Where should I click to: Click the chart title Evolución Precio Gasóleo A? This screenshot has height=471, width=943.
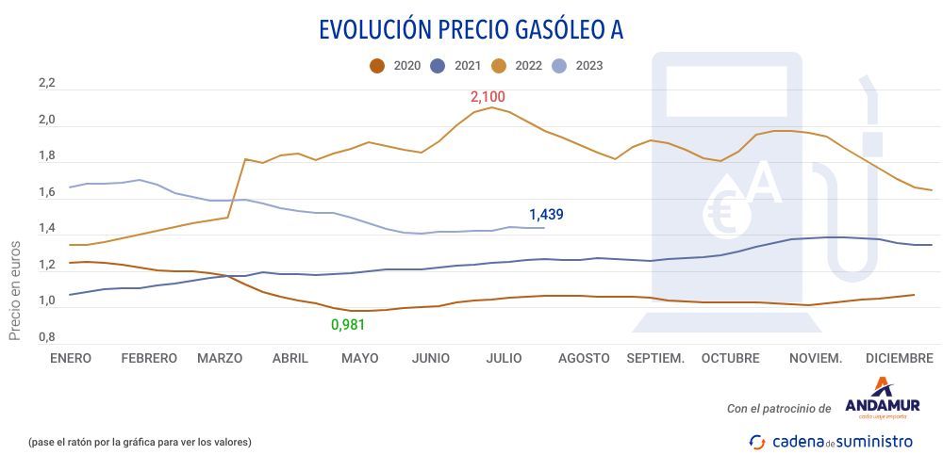click(471, 29)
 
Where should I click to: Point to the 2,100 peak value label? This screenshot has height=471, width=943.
click(488, 97)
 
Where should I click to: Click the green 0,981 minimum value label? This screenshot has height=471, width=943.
click(347, 325)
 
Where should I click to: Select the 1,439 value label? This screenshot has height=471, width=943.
click(546, 215)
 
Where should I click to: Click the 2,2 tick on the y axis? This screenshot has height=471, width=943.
click(46, 84)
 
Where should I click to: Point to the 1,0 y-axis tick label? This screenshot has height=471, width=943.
click(46, 301)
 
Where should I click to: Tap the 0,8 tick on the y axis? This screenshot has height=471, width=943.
click(46, 337)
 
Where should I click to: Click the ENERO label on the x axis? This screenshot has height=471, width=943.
click(71, 358)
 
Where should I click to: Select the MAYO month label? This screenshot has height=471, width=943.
click(360, 358)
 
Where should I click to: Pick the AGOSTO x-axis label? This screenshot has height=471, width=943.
click(584, 358)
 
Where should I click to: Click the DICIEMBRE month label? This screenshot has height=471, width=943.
click(900, 358)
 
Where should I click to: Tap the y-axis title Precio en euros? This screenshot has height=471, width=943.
click(15, 288)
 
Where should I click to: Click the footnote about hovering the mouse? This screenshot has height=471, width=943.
click(140, 442)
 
